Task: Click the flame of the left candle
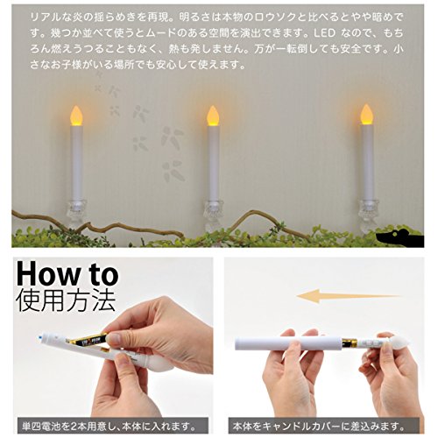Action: [x=76, y=116]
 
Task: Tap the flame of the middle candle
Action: [x=213, y=116]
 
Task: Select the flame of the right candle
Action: [x=367, y=114]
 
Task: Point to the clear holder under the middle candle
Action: [x=214, y=215]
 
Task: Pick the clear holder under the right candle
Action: [x=368, y=215]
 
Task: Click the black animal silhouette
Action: [x=399, y=238]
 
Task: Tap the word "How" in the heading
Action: [x=46, y=274]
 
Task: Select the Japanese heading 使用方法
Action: [x=66, y=300]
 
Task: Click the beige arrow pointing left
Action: [x=349, y=296]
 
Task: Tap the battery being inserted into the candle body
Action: [x=87, y=340]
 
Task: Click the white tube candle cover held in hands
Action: [x=288, y=343]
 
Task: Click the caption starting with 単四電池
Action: [x=109, y=427]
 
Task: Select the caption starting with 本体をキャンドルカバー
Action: [x=319, y=427]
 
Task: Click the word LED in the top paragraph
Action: [x=325, y=33]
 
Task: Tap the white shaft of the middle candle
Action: [x=213, y=163]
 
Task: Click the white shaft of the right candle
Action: [x=367, y=162]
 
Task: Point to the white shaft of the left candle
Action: [x=77, y=163]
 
